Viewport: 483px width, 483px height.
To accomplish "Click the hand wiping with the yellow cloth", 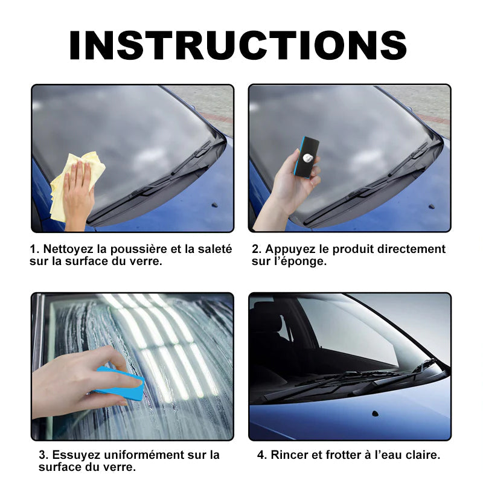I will pos(79,193).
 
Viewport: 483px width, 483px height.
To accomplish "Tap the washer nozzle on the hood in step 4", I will pos(376,414).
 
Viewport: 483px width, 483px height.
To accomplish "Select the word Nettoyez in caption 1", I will pos(62,249).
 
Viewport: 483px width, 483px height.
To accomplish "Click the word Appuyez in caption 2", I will pos(289,249).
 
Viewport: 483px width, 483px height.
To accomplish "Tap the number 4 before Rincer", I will pos(261,455).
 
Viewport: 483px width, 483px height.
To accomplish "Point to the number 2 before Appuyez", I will pos(255,249).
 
